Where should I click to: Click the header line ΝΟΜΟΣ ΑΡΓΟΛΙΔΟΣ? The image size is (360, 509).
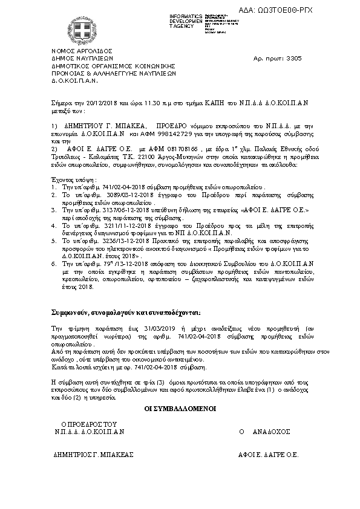(73, 52)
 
